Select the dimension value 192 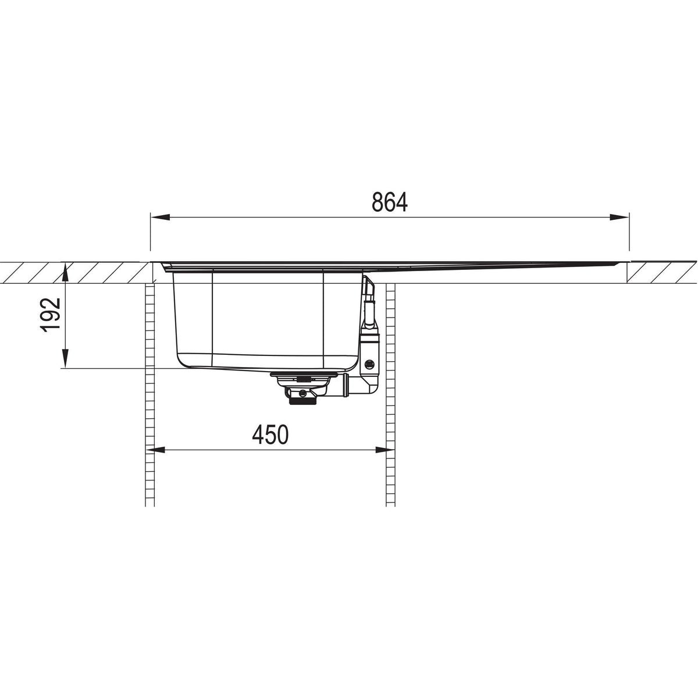(52, 314)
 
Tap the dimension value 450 (270, 435)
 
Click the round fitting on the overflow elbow (369, 365)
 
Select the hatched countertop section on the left (76, 272)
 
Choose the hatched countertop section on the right (662, 272)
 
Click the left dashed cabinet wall (149, 396)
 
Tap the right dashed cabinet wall (391, 396)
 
